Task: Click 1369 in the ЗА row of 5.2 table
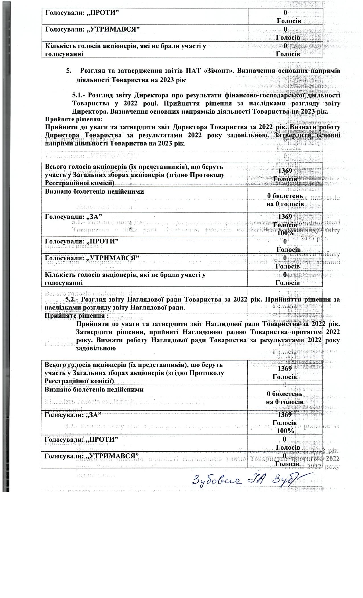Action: (x=285, y=415)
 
